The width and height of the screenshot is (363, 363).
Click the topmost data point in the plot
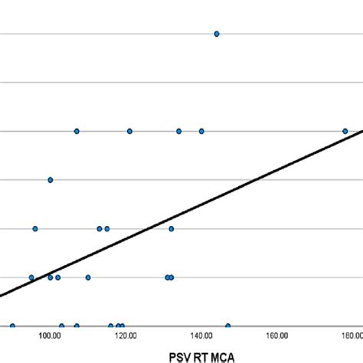[x=217, y=34]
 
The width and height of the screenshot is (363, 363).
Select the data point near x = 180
[x=345, y=131]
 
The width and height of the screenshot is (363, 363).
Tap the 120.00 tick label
[x=126, y=335]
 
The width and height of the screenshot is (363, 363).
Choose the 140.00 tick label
[x=201, y=335]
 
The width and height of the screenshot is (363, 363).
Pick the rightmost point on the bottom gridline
[x=227, y=326]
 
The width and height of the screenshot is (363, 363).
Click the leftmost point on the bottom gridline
[x=12, y=326]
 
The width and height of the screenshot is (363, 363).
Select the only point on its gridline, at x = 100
[x=51, y=180]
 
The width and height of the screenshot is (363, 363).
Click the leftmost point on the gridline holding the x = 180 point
[x=77, y=131]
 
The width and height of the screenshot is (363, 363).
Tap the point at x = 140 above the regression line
[x=201, y=131]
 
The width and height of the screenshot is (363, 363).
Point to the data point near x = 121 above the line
[x=129, y=131]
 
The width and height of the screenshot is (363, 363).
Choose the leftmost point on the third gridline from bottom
[x=35, y=228]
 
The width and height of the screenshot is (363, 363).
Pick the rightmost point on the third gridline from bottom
[x=172, y=228]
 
